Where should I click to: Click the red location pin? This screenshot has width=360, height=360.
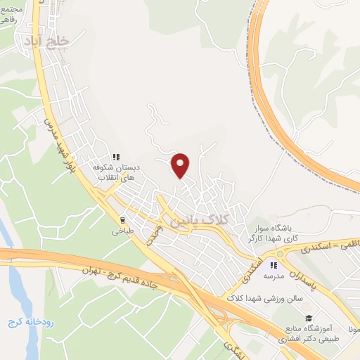point(181,165)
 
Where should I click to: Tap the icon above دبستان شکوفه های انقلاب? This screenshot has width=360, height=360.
point(117,157)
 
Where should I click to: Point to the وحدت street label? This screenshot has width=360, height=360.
point(155,236)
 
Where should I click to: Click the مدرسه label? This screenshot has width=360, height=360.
point(273,276)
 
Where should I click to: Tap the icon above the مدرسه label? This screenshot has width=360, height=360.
point(274,265)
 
